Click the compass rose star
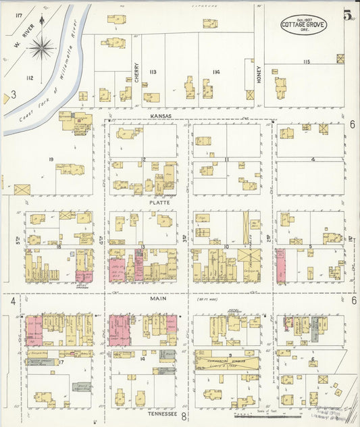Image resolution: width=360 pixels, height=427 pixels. tap(42, 47)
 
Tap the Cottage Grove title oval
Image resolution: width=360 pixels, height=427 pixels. tap(304, 25)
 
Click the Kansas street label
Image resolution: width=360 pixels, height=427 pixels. tap(161, 116)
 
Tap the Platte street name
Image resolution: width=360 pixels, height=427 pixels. tap(160, 201)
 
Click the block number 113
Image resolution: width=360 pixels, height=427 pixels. tap(153, 72)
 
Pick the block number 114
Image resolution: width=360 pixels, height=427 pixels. tap(216, 72)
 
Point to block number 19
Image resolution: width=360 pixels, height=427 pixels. tap(51, 159)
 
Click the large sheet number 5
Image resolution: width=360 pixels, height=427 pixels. tap(346, 15)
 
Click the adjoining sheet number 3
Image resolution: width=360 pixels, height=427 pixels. tap(13, 95)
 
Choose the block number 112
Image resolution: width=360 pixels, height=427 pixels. tap(29, 78)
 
